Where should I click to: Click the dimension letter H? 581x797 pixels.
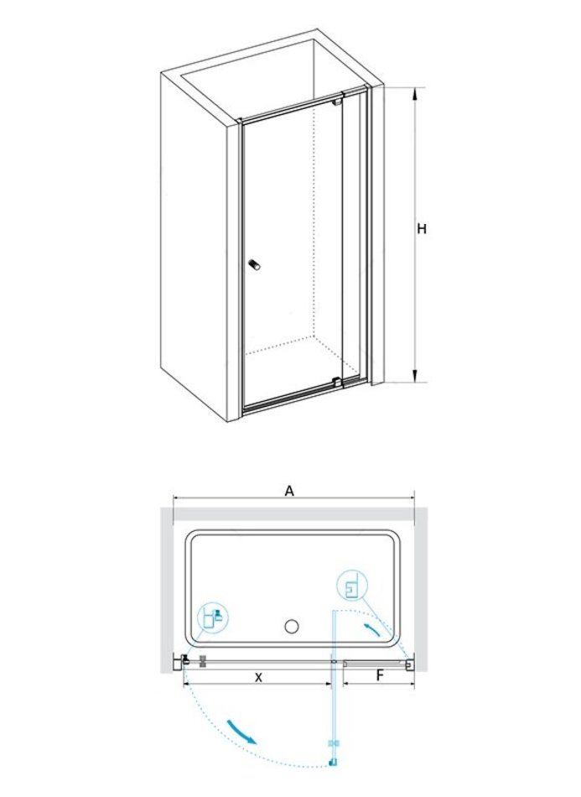tap(422, 229)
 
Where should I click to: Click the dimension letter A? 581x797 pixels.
tap(289, 491)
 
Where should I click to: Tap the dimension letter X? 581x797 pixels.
tap(258, 678)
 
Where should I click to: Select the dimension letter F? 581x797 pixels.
tap(380, 676)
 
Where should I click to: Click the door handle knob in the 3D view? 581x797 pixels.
tap(253, 265)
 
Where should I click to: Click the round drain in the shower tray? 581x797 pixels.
tap(292, 626)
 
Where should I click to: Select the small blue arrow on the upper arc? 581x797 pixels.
tap(372, 631)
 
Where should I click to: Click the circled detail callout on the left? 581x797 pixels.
tap(214, 617)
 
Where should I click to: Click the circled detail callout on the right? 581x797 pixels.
tap(351, 584)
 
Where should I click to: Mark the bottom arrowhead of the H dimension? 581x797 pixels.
tap(416, 375)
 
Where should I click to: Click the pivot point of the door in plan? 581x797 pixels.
tap(334, 662)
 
